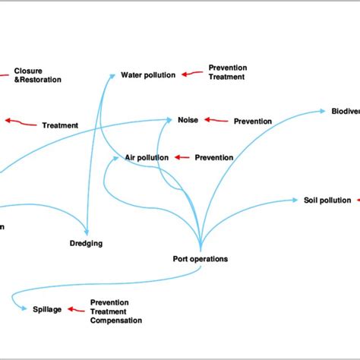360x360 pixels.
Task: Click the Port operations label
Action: [x=200, y=259]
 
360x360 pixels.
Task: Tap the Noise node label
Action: [x=188, y=120]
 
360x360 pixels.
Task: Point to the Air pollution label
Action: [x=147, y=158]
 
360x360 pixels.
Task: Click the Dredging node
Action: [x=86, y=243]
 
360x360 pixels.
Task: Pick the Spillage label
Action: [x=46, y=309]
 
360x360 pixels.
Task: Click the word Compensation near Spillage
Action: [x=115, y=321]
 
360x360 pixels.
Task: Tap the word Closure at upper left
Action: [x=28, y=71]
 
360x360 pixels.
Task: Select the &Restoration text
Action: [x=38, y=80]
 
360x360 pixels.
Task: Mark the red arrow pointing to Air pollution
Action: [x=182, y=158]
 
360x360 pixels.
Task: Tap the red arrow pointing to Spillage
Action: [x=75, y=309]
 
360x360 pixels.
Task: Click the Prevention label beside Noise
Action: [x=253, y=121]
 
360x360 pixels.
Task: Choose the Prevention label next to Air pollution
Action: [x=214, y=158]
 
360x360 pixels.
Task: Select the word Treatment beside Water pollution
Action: [x=227, y=77]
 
